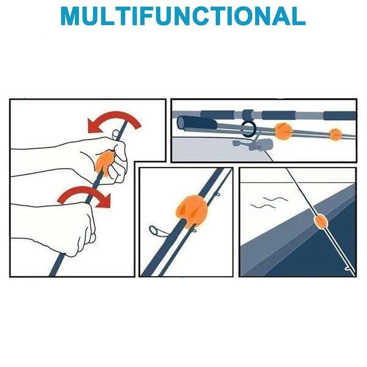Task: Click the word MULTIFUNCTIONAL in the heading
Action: tap(183, 16)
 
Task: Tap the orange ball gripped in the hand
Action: tap(104, 163)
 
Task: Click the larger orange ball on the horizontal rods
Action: tap(284, 131)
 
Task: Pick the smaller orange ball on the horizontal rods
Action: tap(336, 134)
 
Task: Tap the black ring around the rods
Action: tap(248, 129)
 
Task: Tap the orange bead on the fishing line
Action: tap(320, 222)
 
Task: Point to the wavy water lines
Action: tap(269, 203)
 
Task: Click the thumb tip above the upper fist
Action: tap(116, 134)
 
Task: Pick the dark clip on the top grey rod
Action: tap(248, 115)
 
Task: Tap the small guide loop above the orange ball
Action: tap(217, 194)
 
